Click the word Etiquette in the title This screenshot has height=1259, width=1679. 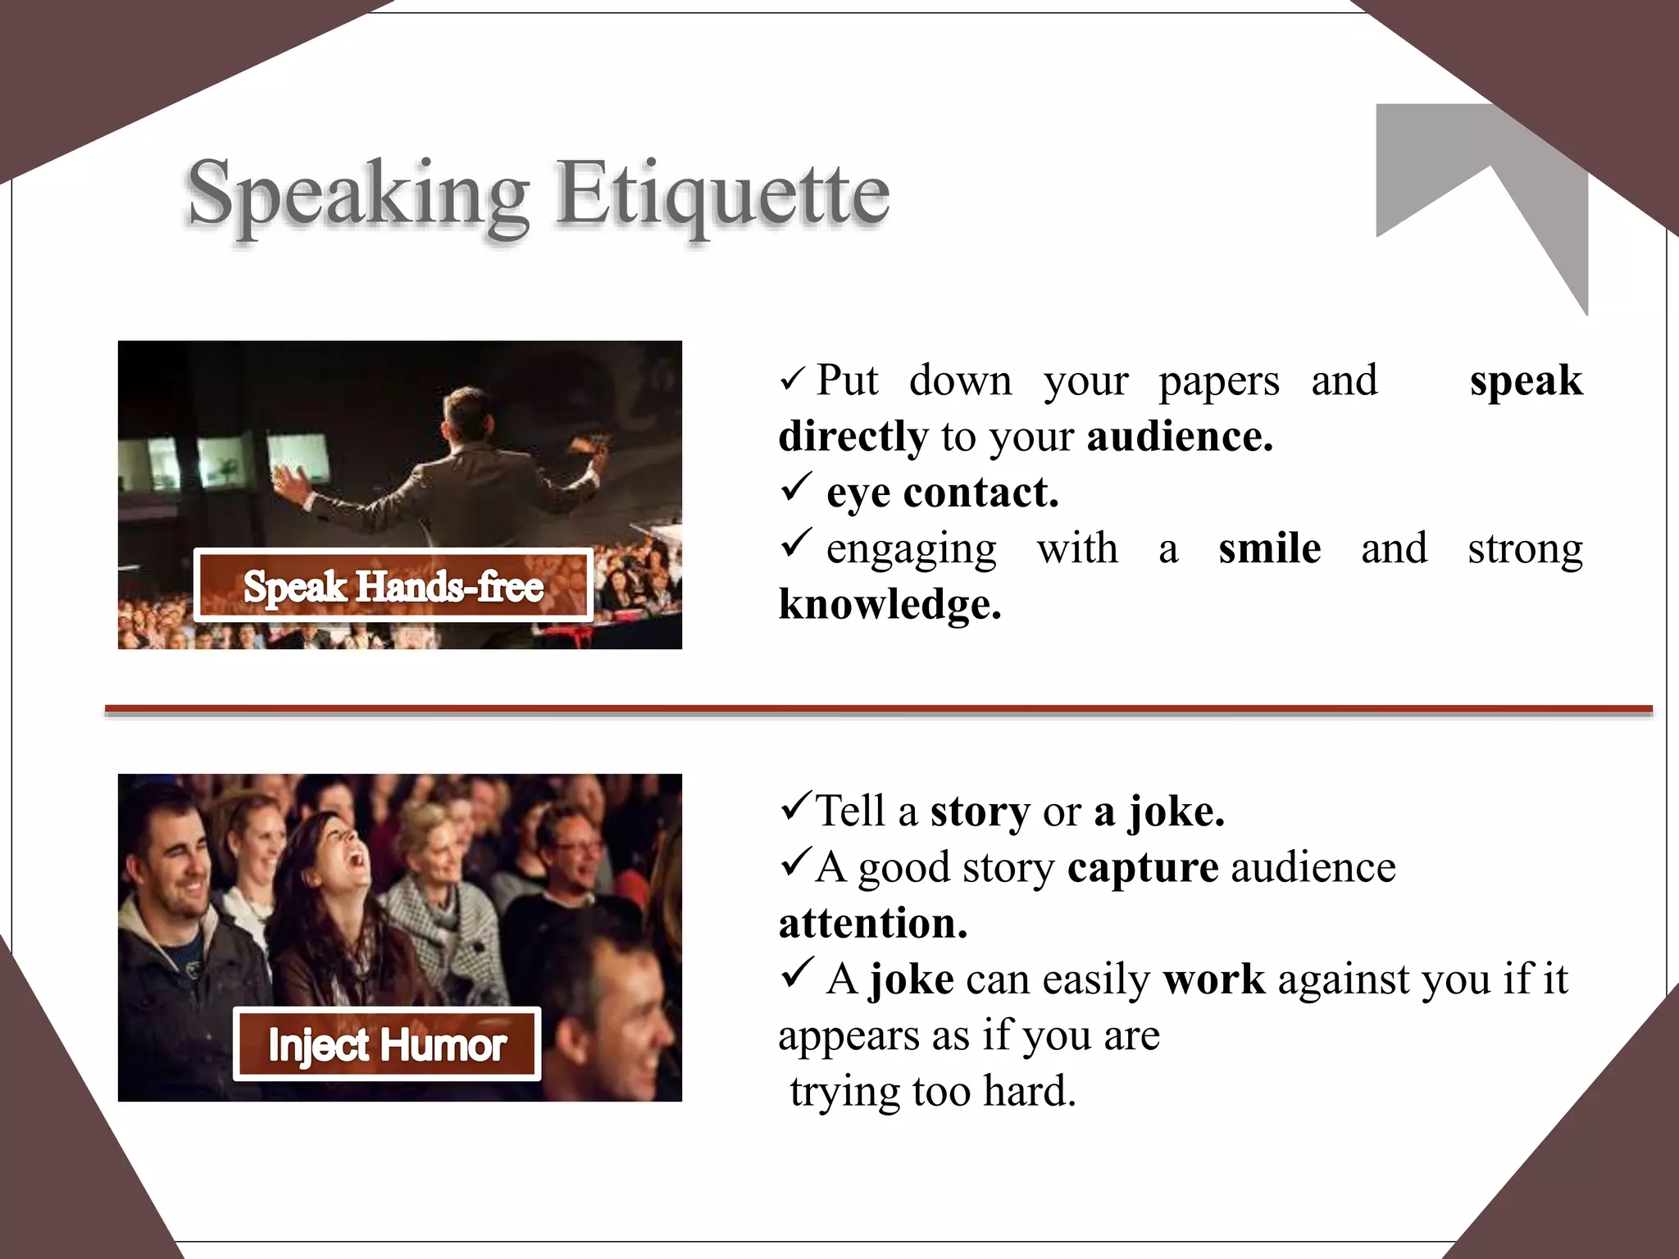click(722, 194)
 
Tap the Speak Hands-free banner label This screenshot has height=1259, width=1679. click(394, 585)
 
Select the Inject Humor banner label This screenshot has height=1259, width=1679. click(387, 1044)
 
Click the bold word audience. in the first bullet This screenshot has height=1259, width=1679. click(1180, 436)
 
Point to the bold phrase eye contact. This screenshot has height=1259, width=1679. click(943, 493)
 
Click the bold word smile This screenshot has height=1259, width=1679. click(1269, 548)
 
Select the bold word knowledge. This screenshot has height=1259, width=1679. click(890, 604)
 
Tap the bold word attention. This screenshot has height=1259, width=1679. click(873, 923)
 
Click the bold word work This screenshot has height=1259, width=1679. click(1213, 979)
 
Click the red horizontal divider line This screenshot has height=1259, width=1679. click(877, 709)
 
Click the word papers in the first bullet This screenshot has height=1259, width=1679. click(1218, 381)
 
